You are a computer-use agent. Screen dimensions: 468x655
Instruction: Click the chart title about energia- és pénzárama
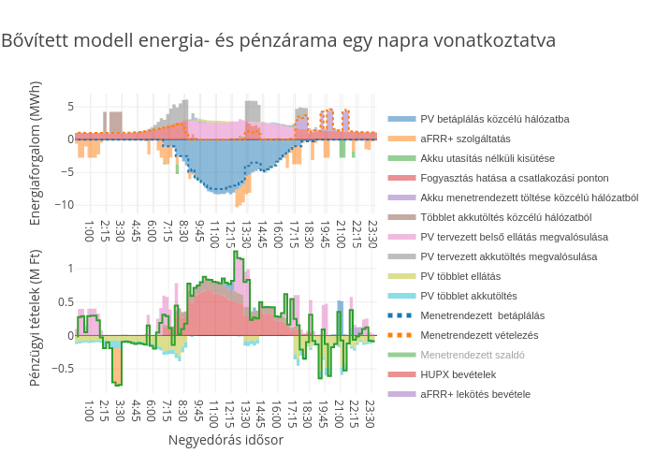[278, 41]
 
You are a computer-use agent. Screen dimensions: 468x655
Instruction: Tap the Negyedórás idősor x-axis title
[226, 439]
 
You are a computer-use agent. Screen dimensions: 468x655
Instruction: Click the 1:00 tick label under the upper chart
[90, 230]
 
